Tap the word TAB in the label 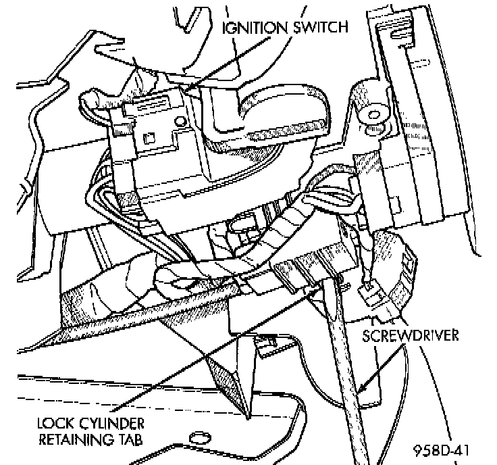click(x=138, y=441)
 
